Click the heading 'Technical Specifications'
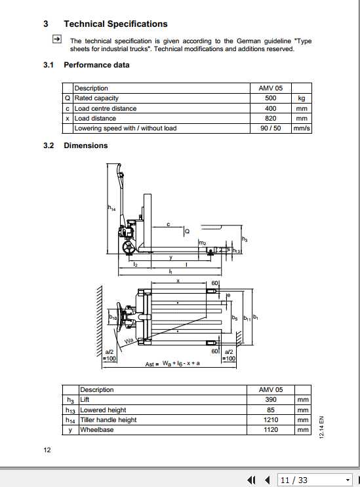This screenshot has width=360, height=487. coord(115,24)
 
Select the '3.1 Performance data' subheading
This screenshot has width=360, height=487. coord(96,65)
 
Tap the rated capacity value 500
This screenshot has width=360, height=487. coord(270,98)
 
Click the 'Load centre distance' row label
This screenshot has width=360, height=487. coord(106,108)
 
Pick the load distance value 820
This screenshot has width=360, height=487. coord(270,119)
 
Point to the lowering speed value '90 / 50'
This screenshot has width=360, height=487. coord(270,128)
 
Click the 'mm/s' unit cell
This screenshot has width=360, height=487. coord(302,128)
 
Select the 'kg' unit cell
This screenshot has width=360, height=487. coord(302,98)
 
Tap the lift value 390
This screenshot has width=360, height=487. coord(270,399)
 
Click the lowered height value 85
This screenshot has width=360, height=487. coord(270,410)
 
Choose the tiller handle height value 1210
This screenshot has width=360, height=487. coord(270,419)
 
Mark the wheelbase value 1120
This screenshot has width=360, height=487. coord(270,430)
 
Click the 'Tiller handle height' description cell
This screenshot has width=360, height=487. coord(108,419)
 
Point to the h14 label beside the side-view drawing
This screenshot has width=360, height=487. coord(111,208)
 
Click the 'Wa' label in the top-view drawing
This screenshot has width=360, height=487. coord(129,342)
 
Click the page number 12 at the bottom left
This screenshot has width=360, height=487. coord(47,450)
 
